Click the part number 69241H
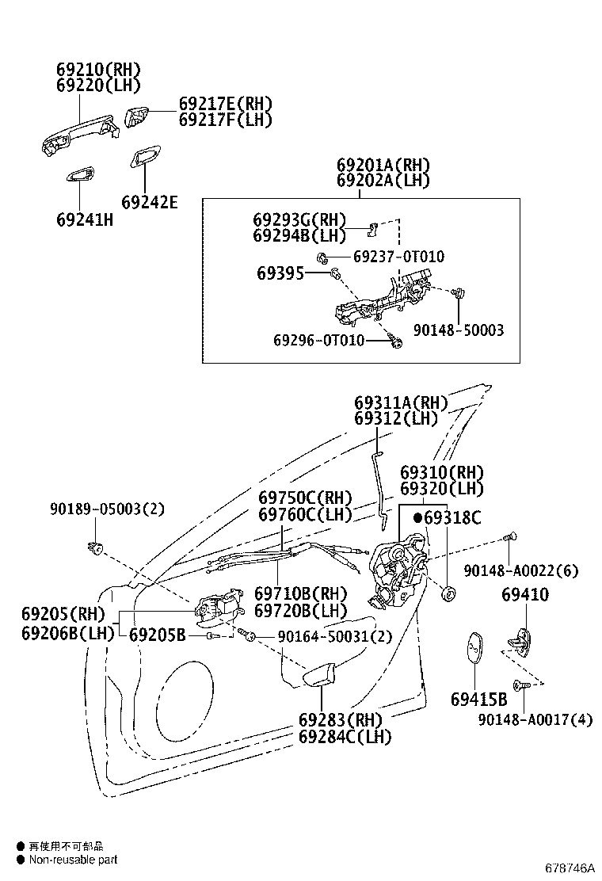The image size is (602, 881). pos(85,219)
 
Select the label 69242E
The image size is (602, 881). pos(150,202)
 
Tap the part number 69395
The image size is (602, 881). pos(280,273)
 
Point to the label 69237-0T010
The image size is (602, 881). pos(398,257)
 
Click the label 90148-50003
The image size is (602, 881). pos(459,330)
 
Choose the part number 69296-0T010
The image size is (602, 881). pos(319,340)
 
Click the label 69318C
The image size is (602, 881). pos(452,517)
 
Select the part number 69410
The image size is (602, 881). pos(525,594)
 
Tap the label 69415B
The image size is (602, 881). pos(479,700)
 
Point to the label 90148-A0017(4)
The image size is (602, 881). pos(535,719)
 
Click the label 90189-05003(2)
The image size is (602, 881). pos(107,509)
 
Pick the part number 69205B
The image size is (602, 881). pos(158,635)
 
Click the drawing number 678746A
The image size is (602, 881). pos(570,868)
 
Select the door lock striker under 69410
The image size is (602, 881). pos(520,640)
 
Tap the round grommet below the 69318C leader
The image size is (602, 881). pos(449,593)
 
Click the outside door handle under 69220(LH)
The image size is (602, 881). pos(80,135)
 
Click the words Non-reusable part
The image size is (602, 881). pos(73,859)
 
